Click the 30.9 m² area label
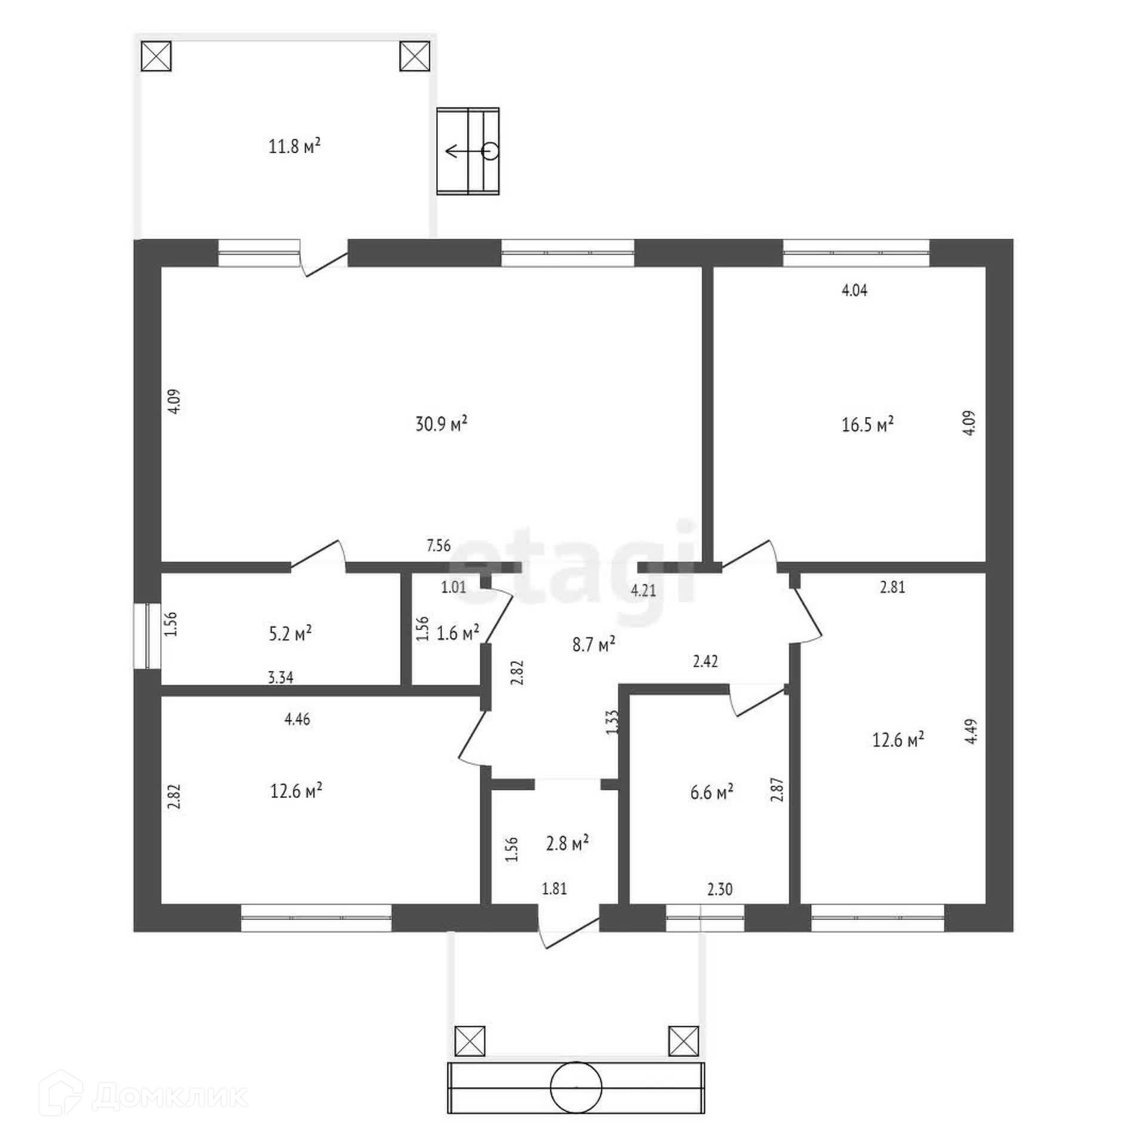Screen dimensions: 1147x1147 441,424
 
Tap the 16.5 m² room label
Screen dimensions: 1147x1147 867,425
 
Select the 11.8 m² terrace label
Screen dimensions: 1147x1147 295,146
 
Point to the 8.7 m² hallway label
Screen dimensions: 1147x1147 594,645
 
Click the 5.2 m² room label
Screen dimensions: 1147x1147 290,633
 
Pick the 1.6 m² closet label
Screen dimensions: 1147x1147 458,633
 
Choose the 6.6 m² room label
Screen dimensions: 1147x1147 711,793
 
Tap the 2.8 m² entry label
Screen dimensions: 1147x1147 567,844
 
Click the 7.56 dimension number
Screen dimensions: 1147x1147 438,545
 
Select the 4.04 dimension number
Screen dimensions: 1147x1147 854,290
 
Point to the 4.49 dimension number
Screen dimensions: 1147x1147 971,731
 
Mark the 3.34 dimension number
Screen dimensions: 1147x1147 280,677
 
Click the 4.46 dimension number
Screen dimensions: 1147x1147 297,719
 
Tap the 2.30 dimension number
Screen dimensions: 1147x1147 720,890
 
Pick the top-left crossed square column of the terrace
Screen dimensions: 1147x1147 157,56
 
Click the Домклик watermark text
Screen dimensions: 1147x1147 170,1096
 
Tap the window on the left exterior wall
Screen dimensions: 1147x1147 147,636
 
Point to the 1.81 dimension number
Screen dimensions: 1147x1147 554,889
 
